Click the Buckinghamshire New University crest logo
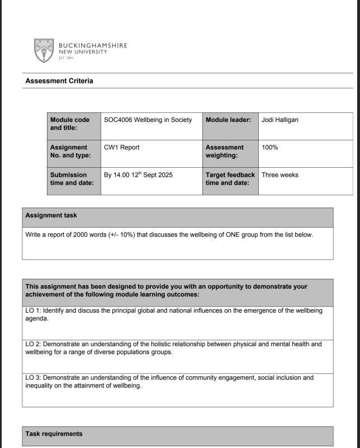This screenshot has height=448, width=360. coord(44,50)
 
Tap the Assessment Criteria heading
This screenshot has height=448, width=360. coord(59,81)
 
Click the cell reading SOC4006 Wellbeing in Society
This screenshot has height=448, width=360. coord(148,120)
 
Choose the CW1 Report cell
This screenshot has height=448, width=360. coord(122,148)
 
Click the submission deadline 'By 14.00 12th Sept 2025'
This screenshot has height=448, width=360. coord(138,175)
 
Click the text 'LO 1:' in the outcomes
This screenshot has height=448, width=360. coord(36,310)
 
